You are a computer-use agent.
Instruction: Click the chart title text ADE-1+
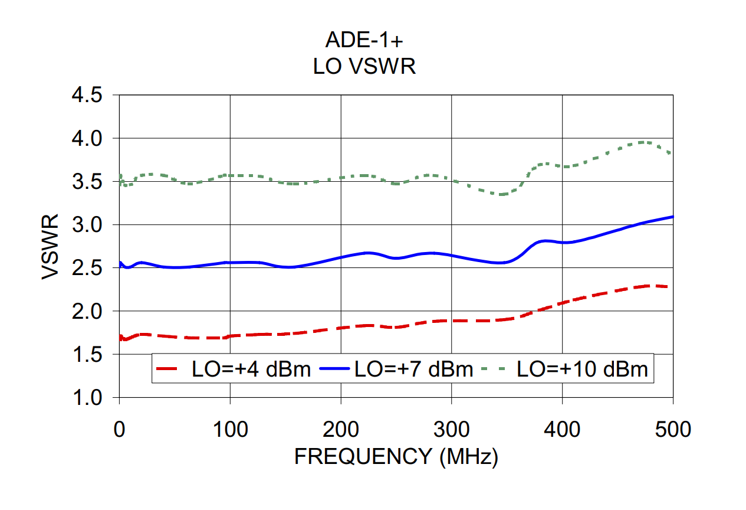[364, 40]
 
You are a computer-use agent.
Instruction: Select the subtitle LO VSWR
[364, 66]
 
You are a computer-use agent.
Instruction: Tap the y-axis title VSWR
[51, 247]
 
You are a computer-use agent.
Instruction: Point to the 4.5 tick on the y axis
[87, 96]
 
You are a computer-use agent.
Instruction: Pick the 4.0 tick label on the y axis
[87, 139]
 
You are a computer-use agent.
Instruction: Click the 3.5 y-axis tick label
[87, 182]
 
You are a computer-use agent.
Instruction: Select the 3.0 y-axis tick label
[87, 225]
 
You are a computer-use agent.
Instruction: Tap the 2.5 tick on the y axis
[87, 269]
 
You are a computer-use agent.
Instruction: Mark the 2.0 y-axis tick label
[87, 312]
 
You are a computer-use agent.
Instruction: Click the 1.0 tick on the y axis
[87, 398]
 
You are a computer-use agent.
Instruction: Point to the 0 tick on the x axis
[120, 429]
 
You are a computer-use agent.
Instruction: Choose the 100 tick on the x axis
[230, 429]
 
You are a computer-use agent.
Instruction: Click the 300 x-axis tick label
[451, 429]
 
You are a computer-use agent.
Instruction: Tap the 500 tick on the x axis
[672, 429]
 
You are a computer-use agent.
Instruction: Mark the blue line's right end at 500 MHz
[672, 217]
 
